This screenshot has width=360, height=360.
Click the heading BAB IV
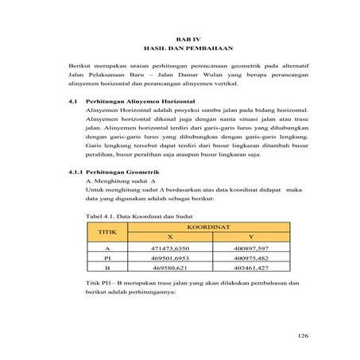(184, 38)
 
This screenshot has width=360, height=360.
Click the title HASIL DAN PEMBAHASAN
(184, 48)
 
